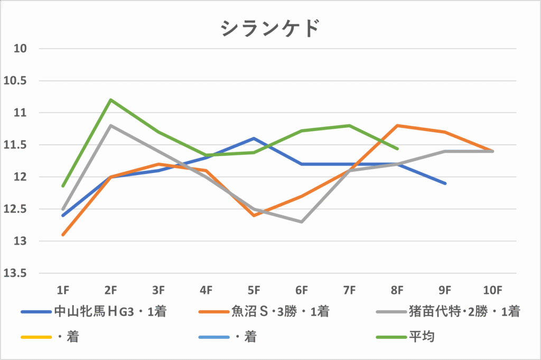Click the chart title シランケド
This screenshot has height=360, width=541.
coord(270,29)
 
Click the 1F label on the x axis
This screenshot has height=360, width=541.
coord(63,290)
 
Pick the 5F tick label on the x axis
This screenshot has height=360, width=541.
coord(254,290)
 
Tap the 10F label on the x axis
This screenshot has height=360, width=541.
coord(493,290)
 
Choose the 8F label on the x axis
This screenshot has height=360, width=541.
coord(397,290)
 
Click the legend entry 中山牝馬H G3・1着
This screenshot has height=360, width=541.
coord(110,312)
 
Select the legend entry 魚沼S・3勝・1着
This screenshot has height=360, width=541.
coord(280,312)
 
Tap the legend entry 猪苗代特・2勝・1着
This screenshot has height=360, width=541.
coord(464,312)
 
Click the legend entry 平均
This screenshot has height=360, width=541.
coord(421,336)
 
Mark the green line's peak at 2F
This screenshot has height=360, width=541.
coord(110,99)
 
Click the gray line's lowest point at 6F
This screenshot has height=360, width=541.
coord(302,222)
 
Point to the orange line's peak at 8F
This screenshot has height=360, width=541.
coord(397,125)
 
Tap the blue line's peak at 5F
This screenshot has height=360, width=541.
coord(254,139)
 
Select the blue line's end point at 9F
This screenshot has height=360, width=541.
coord(445,183)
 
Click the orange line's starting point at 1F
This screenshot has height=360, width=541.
coord(63,235)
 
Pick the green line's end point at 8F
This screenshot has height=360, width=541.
coord(397,149)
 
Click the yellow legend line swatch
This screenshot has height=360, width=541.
coord(35,337)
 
